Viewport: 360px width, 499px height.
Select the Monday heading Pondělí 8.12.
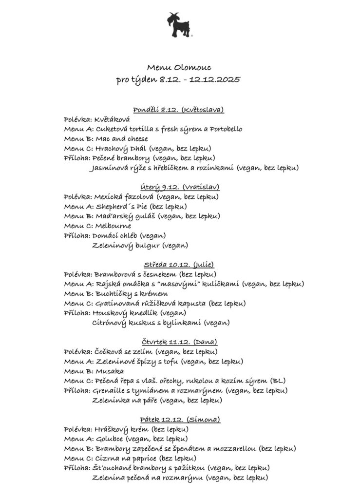click(x=155, y=110)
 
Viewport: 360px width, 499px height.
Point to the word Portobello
click(x=223, y=129)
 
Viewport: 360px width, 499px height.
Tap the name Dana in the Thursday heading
click(x=208, y=342)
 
